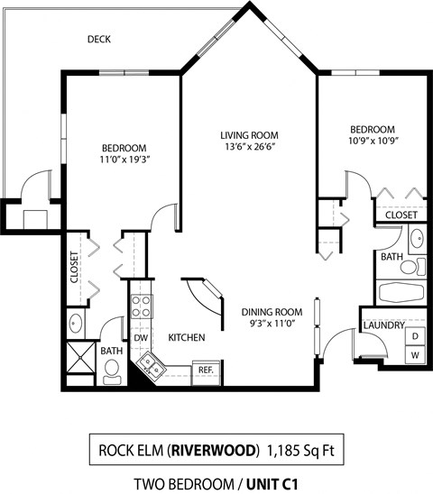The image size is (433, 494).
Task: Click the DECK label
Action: pos(98,40)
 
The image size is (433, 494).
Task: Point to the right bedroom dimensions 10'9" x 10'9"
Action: pos(373,142)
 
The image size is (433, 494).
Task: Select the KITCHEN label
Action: pos(187,337)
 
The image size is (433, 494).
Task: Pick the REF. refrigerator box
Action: pos(205,370)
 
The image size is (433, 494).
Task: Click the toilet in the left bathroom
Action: pos(113,370)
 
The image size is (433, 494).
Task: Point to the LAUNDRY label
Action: pos(383,324)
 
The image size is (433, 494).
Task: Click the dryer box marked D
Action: pos(414,337)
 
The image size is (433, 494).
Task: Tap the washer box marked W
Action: pos(414,355)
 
